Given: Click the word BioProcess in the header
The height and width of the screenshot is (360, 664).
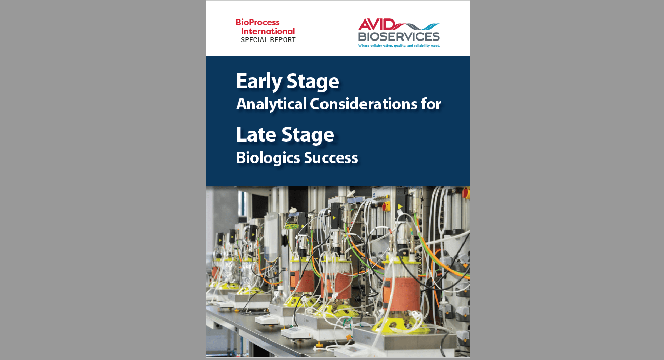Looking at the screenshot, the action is [x=257, y=23].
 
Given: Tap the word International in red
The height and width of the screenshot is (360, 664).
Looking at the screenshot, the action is [x=268, y=31].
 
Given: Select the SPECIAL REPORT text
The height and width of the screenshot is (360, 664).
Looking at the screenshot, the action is [x=268, y=40].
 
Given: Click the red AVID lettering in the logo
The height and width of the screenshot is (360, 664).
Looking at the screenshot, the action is [x=376, y=25].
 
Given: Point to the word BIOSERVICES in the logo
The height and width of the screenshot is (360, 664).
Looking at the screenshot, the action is [x=399, y=36].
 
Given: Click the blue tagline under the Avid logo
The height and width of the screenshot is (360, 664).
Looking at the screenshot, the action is [x=399, y=46].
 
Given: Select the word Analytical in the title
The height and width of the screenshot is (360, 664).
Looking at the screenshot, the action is [x=271, y=105].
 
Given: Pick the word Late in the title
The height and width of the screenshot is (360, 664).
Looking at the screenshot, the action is [x=256, y=135].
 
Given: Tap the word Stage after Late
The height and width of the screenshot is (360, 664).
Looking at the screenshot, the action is [x=308, y=136].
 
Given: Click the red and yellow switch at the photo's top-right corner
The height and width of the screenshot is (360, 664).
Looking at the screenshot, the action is [x=466, y=193].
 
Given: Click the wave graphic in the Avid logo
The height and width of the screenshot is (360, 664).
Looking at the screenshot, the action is [x=417, y=26].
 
